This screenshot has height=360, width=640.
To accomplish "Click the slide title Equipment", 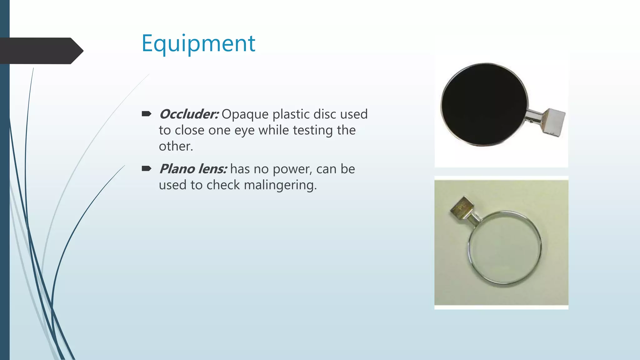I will coord(198,44).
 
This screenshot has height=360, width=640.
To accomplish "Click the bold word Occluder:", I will coord(189,114).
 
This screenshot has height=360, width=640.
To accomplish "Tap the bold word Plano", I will coord(177,169).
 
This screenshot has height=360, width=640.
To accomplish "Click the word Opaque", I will coord(245,115).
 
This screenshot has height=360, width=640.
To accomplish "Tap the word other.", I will coord(176,146).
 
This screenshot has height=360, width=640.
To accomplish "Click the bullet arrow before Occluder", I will coord(146,114).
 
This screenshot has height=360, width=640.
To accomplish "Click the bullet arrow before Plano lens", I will coord(146,169).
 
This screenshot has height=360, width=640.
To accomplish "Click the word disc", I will coord(325,114).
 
